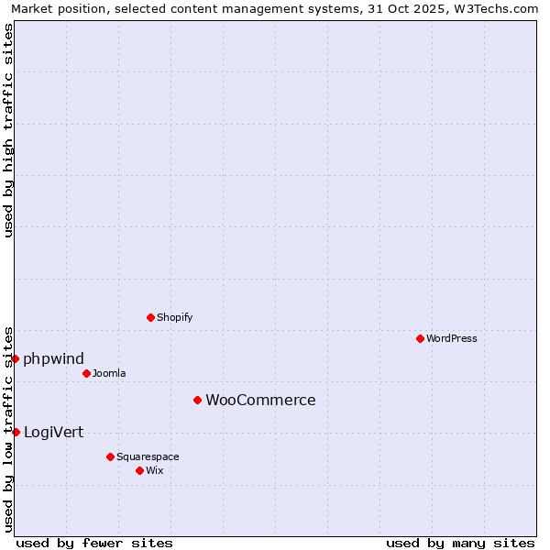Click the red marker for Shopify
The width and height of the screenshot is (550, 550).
(150, 317)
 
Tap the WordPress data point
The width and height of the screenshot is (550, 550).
(420, 338)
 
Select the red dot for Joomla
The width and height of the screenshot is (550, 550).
(86, 373)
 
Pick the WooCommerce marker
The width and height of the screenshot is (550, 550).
(197, 400)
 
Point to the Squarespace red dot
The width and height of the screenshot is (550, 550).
(110, 456)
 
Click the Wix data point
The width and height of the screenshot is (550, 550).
(139, 470)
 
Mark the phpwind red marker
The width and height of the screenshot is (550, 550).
(16, 358)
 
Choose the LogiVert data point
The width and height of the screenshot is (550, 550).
(16, 432)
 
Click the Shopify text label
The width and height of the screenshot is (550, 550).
(174, 318)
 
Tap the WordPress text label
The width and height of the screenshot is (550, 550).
(452, 338)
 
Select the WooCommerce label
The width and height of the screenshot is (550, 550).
(260, 401)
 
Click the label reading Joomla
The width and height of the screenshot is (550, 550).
(109, 374)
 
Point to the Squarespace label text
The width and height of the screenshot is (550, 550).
(148, 457)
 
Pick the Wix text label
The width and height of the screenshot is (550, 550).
(155, 471)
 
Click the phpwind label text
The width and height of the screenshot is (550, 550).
(53, 358)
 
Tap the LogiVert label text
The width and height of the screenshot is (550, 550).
(53, 433)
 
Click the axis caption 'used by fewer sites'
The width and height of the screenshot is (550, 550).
(94, 543)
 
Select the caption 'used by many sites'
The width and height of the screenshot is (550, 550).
(460, 543)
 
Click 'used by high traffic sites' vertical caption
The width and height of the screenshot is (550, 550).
(8, 130)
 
